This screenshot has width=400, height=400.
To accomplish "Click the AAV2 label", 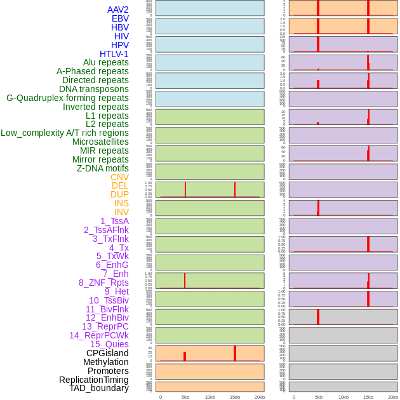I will [x=118, y=10].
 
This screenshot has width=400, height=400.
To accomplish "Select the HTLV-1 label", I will [x=114, y=54].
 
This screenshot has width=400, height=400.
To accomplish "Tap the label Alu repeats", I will [x=106, y=62].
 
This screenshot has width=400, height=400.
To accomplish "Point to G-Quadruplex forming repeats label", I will [x=67, y=98].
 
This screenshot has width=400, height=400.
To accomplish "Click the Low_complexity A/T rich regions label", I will [x=65, y=133].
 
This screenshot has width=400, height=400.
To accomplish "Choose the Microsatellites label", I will [x=100, y=142].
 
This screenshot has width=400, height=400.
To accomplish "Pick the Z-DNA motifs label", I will [x=103, y=168].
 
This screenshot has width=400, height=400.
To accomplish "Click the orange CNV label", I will [x=119, y=177].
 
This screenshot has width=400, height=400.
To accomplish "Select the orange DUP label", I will [x=119, y=194].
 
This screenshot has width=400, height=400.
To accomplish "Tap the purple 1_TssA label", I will [x=114, y=221].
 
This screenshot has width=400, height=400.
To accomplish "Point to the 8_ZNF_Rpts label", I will [x=103, y=283].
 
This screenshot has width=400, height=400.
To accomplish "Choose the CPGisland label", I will [x=107, y=353].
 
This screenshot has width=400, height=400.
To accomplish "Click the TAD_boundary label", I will [x=99, y=388].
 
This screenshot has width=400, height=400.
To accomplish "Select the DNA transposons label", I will [x=94, y=89].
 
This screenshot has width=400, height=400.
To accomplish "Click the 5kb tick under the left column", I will [x=185, y=397].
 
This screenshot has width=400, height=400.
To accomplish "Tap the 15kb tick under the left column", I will [x=235, y=397].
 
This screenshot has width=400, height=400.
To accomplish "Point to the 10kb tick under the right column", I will [x=343, y=397].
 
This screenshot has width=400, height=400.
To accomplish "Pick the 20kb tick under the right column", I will [x=393, y=397].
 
